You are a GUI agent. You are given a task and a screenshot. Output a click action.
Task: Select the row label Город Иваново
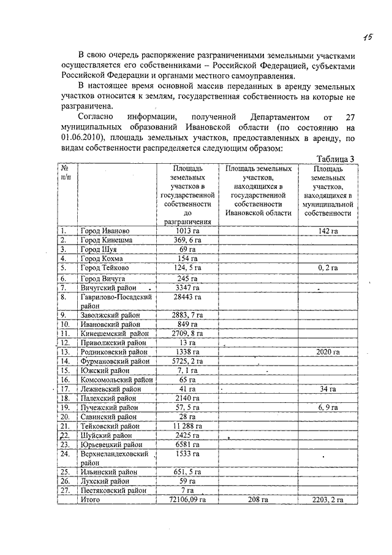pyautogui.click(x=105, y=231)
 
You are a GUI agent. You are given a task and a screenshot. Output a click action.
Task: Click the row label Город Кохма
pyautogui.click(x=102, y=259)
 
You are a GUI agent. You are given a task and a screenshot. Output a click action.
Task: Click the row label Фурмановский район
pyautogui.click(x=115, y=361)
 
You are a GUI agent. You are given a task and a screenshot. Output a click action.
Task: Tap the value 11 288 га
pyautogui.click(x=184, y=426)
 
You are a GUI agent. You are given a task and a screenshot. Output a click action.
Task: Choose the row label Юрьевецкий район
pyautogui.click(x=111, y=444)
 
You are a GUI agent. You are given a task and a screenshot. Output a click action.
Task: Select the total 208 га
pyautogui.click(x=257, y=500)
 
